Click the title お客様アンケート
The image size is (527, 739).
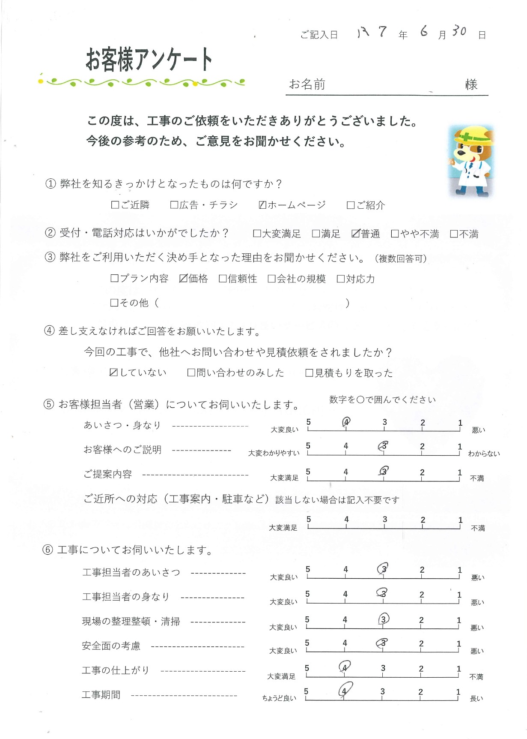[149, 59]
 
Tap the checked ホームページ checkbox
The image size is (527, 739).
[263, 205]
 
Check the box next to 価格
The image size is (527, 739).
[183, 279]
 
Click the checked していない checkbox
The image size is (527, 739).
[113, 373]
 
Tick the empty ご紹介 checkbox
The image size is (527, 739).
[351, 205]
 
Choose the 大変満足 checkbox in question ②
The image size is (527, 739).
[257, 234]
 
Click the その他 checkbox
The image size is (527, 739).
[114, 303]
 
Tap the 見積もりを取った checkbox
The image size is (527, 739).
[309, 373]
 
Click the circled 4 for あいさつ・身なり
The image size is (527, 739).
[346, 422]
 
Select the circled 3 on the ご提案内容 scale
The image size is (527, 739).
[384, 471]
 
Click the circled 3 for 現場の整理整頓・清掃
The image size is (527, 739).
[384, 619]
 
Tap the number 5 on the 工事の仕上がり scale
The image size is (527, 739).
[307, 668]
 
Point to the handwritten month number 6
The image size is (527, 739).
[424, 31]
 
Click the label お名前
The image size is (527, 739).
[307, 84]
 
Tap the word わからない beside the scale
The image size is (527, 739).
[484, 454]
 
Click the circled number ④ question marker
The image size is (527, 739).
[49, 331]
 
